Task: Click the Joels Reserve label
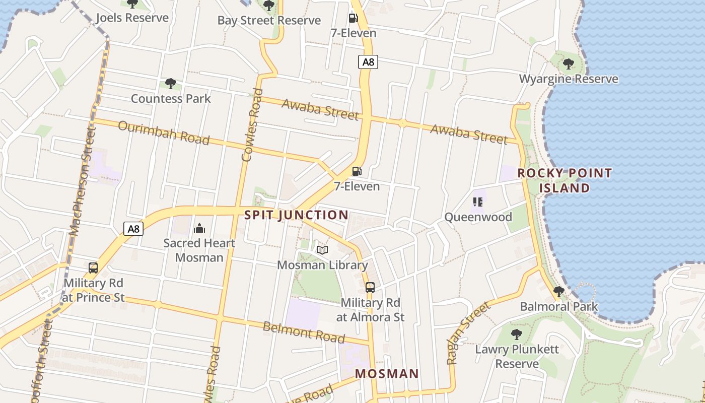coord(132,18)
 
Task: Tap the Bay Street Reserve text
coord(269,21)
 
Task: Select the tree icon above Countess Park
coord(170,84)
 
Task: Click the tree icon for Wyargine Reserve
coord(568,64)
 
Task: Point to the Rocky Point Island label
coord(565,181)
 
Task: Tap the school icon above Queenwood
coord(478,202)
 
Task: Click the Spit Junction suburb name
coord(296,215)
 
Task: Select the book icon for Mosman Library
coord(322,250)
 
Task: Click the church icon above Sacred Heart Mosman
coord(199,228)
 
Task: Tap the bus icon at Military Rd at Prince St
coord(93,268)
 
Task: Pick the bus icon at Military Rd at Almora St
coord(370,288)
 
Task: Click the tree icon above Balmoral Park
coord(558,291)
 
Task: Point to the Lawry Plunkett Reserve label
coord(517,356)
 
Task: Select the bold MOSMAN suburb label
coord(387,374)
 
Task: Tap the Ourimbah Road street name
coord(164,132)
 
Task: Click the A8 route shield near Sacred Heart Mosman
coord(133,229)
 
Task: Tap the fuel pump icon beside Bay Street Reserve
coord(354,19)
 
